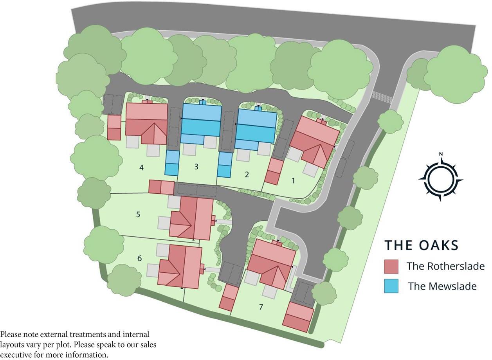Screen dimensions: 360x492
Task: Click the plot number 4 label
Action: point(141,168)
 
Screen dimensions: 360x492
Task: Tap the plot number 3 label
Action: point(196,167)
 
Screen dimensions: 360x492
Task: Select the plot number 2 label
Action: point(247,175)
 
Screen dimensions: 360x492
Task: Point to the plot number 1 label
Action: point(294,180)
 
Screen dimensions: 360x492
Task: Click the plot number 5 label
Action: point(138,214)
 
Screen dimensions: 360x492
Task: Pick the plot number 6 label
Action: point(140,258)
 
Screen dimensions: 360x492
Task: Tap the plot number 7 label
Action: point(261,307)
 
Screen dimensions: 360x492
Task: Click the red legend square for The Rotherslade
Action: point(391,266)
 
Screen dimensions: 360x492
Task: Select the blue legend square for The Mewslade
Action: point(391,286)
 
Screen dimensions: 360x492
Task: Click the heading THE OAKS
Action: point(421,245)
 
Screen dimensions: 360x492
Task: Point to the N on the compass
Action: point(441,154)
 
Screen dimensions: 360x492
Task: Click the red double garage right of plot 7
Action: point(298,317)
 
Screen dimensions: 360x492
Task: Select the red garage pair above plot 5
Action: point(161,187)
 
